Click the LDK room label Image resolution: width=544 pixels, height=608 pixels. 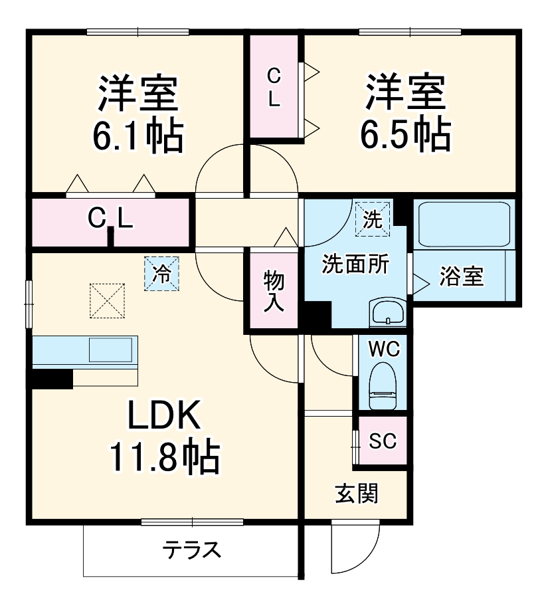click(x=163, y=417)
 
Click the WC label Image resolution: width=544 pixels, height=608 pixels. click(x=383, y=348)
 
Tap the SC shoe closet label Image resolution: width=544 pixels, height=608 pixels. click(x=383, y=441)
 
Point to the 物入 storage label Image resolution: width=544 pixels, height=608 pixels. click(x=274, y=290)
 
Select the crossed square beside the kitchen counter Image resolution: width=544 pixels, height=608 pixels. click(x=108, y=300)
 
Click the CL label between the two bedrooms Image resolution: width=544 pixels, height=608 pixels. click(x=274, y=87)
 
